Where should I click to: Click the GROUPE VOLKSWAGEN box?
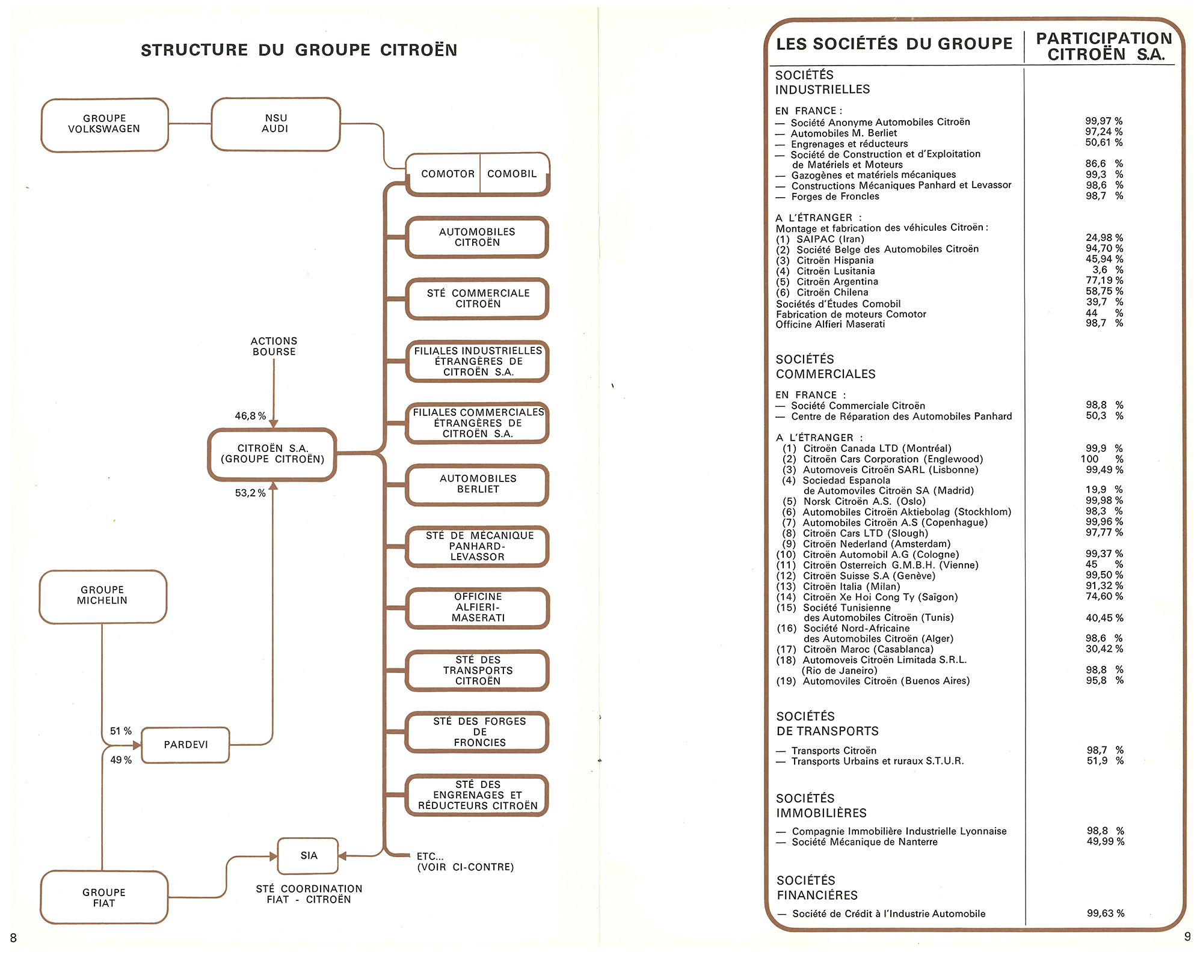pyautogui.click(x=104, y=124)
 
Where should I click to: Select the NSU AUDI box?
pyautogui.click(x=275, y=124)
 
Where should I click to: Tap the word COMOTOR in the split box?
pyautogui.click(x=448, y=174)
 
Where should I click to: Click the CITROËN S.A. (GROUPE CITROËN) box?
pyautogui.click(x=272, y=454)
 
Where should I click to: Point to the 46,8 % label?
pyautogui.click(x=250, y=416)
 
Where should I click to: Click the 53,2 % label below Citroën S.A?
pyautogui.click(x=250, y=493)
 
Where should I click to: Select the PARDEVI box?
pyautogui.click(x=185, y=745)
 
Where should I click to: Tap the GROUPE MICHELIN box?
pyautogui.click(x=102, y=596)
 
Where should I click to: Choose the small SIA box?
pyautogui.click(x=308, y=855)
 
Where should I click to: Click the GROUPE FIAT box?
pyautogui.click(x=104, y=897)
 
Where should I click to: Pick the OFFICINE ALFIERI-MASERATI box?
pyautogui.click(x=478, y=608)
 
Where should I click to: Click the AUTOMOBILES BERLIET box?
pyautogui.click(x=478, y=484)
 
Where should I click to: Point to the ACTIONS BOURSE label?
pyautogui.click(x=274, y=346)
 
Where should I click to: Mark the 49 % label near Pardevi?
pyautogui.click(x=121, y=760)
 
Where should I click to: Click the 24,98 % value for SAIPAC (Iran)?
pyautogui.click(x=1104, y=238)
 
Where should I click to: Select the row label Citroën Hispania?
pyautogui.click(x=835, y=260)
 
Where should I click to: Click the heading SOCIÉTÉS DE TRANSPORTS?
pyautogui.click(x=827, y=724)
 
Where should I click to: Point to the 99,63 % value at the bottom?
pyautogui.click(x=1105, y=914)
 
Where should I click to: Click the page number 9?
pyautogui.click(x=1187, y=936)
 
